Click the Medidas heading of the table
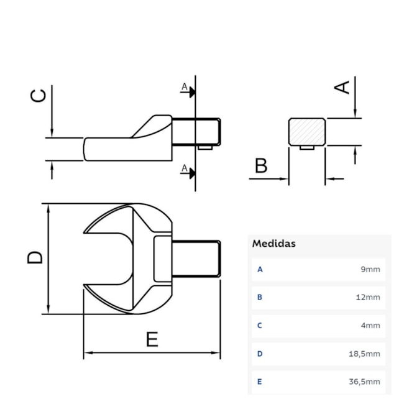coord(273,244)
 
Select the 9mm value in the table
coord(370,270)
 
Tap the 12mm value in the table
coord(368,297)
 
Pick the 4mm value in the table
coord(370,325)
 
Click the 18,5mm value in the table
coord(365,354)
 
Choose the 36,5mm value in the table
coord(365,382)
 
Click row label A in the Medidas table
coord(260,270)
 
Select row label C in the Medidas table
coord(260,325)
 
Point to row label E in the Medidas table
coord(260,382)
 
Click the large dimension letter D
coord(35,257)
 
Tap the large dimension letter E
coord(152,339)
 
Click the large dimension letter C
coord(38,95)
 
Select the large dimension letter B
coord(261,165)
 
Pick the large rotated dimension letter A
coord(342,86)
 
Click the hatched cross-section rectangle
coord(306,132)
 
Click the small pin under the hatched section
coord(306,147)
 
